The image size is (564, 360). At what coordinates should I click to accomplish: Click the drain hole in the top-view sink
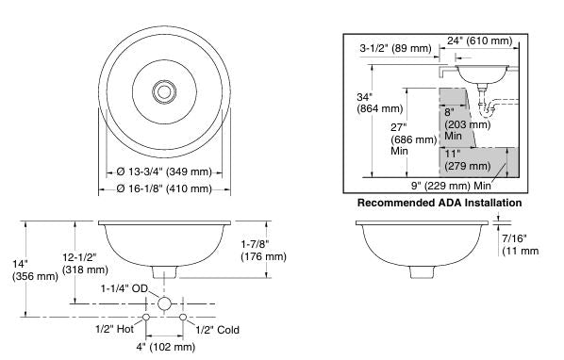click(164, 92)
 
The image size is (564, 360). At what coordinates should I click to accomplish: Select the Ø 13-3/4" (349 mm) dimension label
click(164, 172)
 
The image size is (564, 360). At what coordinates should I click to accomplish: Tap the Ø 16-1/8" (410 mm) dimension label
click(164, 188)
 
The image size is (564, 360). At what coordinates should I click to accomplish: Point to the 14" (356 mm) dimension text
click(35, 270)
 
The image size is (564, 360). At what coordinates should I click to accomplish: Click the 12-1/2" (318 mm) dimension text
click(85, 263)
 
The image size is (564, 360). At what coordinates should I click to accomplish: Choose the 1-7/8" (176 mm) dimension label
click(263, 250)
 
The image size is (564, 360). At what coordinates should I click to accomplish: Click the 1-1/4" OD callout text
click(124, 288)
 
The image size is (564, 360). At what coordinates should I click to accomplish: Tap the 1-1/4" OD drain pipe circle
click(164, 303)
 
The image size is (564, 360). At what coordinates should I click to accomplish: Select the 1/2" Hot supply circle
click(146, 317)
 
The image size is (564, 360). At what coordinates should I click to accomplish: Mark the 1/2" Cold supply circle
click(183, 317)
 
